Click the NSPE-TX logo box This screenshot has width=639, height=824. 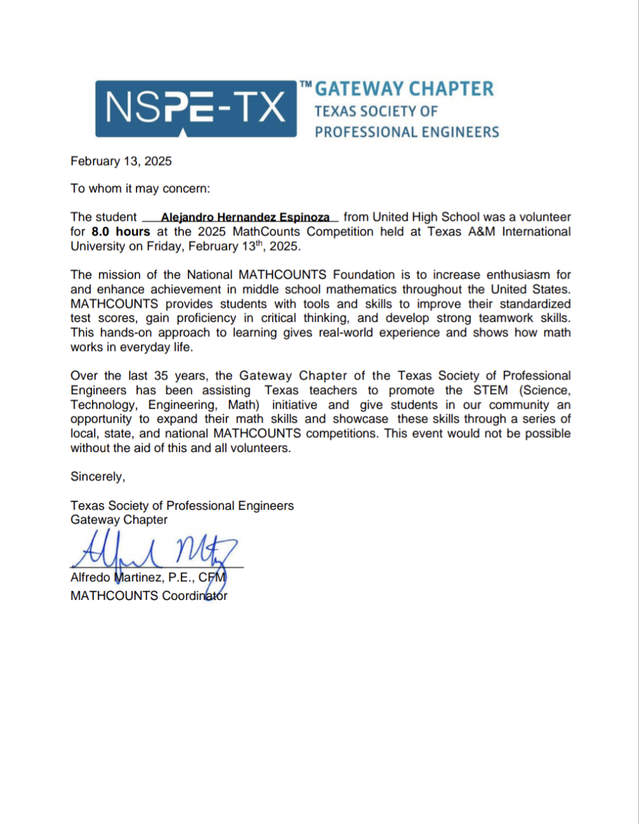click(196, 108)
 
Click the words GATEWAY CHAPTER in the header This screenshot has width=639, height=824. click(404, 89)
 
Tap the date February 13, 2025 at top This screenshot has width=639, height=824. click(121, 161)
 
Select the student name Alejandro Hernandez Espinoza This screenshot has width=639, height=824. click(245, 218)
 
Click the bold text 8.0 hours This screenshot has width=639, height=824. click(120, 232)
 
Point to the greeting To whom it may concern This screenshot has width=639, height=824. click(140, 189)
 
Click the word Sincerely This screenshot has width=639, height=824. click(97, 477)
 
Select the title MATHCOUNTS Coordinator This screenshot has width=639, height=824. click(149, 596)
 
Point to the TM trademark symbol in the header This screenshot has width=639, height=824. click(306, 84)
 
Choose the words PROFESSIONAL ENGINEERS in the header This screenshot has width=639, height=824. click(407, 133)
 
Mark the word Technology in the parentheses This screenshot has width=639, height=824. click(103, 405)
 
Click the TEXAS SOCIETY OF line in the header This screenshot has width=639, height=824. click(376, 111)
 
